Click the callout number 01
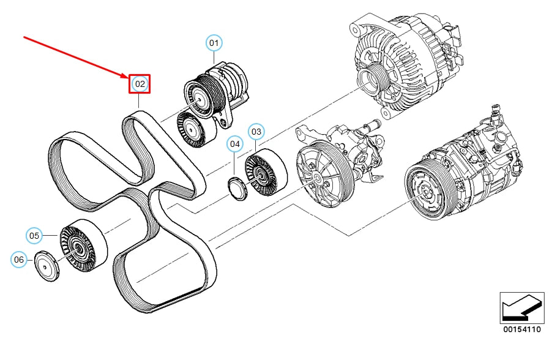[214, 43]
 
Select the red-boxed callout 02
[140, 84]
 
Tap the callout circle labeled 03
[256, 132]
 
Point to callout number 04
[234, 144]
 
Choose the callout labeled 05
[34, 236]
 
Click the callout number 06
[19, 260]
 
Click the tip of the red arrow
[129, 78]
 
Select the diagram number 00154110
[522, 329]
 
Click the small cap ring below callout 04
[237, 189]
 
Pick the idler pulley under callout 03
[266, 173]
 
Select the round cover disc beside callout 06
[47, 266]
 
